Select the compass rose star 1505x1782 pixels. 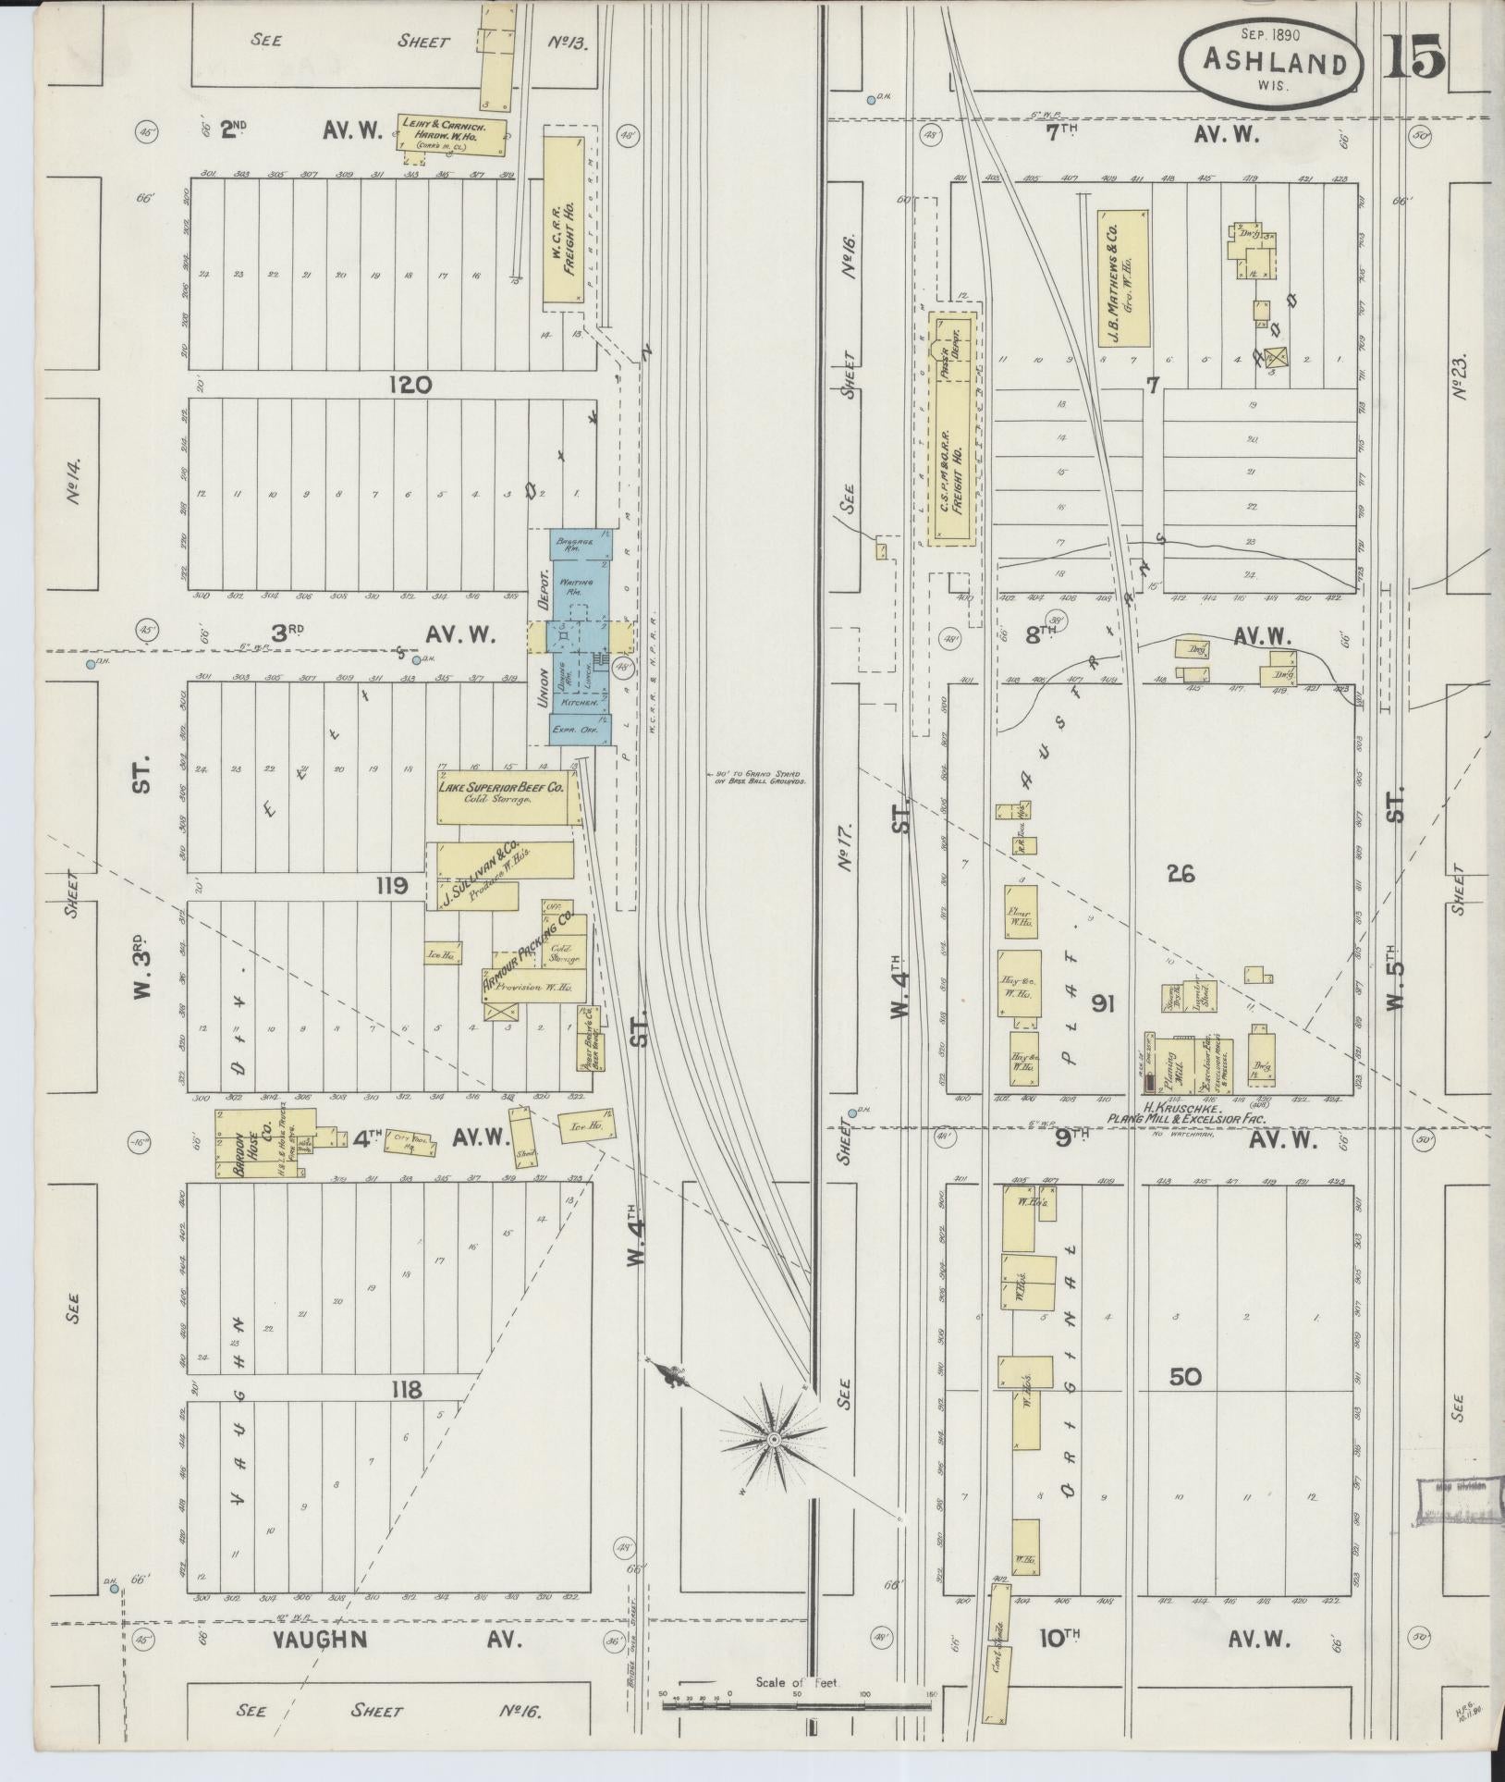(774, 1440)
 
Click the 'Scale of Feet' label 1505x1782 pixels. (796, 1683)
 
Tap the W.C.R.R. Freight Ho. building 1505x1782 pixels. (564, 219)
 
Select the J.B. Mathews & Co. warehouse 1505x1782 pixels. (1122, 276)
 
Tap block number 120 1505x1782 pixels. (410, 385)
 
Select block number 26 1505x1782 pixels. (1181, 873)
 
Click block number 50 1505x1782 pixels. (1185, 1403)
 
